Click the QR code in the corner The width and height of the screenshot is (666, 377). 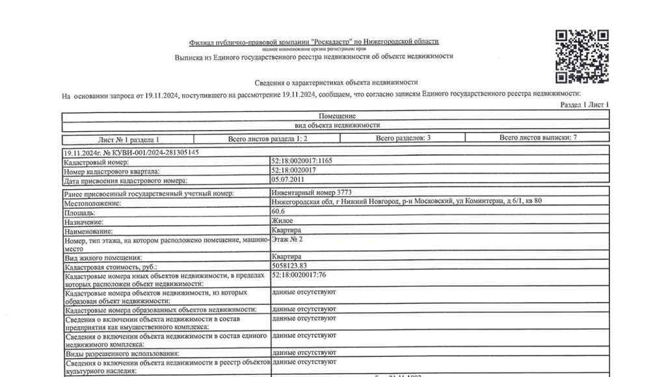click(x=581, y=57)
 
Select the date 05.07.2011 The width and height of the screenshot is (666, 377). click(x=287, y=179)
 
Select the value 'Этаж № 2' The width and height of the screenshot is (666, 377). click(x=287, y=239)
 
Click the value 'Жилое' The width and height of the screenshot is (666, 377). click(x=282, y=221)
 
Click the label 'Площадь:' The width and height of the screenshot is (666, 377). click(x=79, y=213)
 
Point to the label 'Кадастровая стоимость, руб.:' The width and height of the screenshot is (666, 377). click(x=111, y=266)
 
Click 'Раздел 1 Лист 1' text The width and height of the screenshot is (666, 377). click(x=584, y=105)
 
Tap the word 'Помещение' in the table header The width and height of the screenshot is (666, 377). click(x=336, y=116)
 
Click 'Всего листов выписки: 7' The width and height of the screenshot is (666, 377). click(x=538, y=138)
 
